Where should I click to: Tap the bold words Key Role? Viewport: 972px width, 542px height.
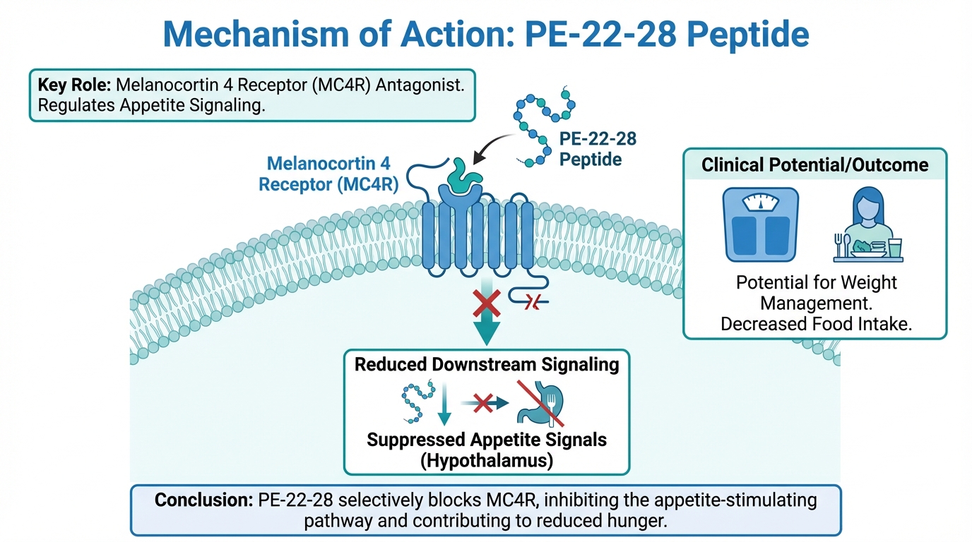pyautogui.click(x=74, y=85)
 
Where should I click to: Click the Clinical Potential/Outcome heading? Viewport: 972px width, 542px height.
pyautogui.click(x=814, y=165)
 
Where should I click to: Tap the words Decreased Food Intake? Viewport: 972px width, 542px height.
pyautogui.click(x=816, y=323)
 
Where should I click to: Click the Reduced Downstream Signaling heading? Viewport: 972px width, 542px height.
pyautogui.click(x=487, y=364)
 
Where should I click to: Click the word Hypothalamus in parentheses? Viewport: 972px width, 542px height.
pyautogui.click(x=487, y=460)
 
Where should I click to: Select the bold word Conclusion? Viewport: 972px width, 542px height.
pyautogui.click(x=200, y=500)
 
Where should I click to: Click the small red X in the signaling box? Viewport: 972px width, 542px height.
pyautogui.click(x=482, y=403)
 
